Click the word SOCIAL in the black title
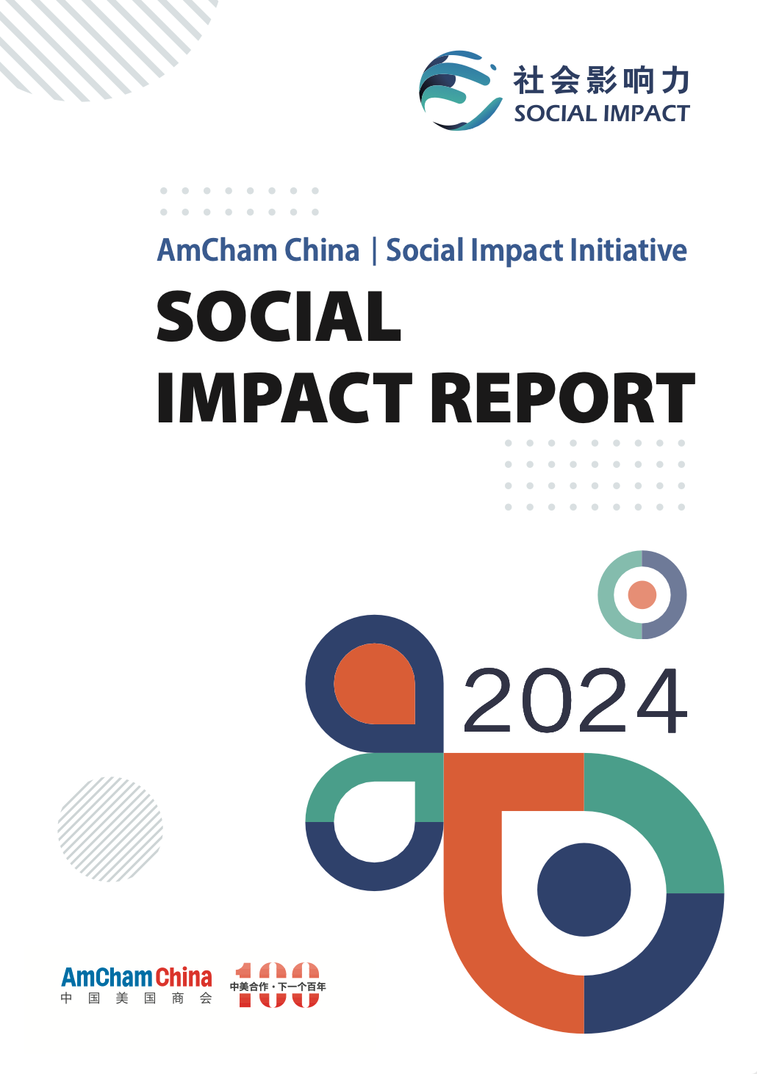pyautogui.click(x=279, y=317)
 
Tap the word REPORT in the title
pyautogui.click(x=563, y=398)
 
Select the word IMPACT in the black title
pyautogui.click(x=284, y=398)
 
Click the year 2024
pyautogui.click(x=575, y=701)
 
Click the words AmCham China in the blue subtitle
pyautogui.click(x=258, y=250)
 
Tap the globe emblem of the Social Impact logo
pyautogui.click(x=459, y=90)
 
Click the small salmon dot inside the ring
pyautogui.click(x=642, y=594)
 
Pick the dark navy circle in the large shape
pyautogui.click(x=584, y=890)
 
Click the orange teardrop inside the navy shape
pyautogui.click(x=375, y=683)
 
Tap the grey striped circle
pyautogui.click(x=110, y=829)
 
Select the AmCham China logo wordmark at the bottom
pyautogui.click(x=137, y=978)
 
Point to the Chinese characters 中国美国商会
pyautogui.click(x=137, y=999)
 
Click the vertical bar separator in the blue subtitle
pyautogui.click(x=374, y=251)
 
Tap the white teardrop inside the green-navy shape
pyautogui.click(x=375, y=821)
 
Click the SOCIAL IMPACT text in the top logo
pyautogui.click(x=602, y=114)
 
